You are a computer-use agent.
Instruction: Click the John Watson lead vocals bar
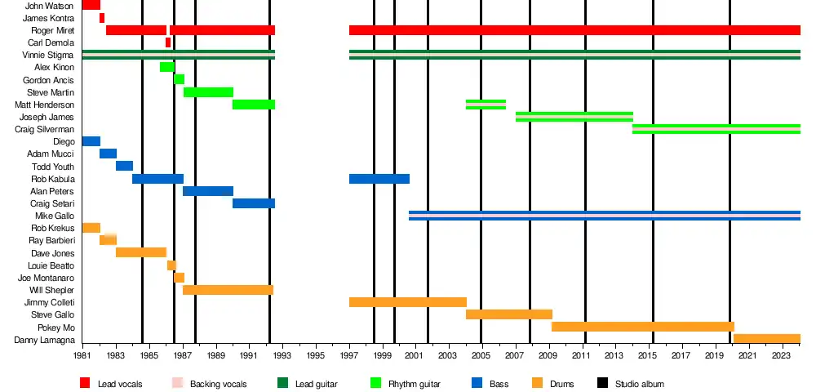click(x=91, y=5)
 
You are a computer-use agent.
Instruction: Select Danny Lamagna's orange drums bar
click(x=766, y=339)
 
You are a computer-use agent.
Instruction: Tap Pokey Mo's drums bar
click(x=642, y=327)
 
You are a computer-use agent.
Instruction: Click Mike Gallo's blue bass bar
click(x=604, y=216)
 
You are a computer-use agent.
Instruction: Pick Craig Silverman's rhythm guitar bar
click(x=716, y=129)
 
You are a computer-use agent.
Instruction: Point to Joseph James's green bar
click(x=574, y=117)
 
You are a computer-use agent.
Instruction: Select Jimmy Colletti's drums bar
click(x=407, y=302)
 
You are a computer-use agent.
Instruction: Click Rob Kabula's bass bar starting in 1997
click(x=379, y=179)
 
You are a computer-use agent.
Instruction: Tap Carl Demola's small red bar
click(x=168, y=42)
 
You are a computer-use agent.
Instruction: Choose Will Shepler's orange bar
click(x=228, y=290)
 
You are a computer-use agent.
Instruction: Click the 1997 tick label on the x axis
click(x=349, y=357)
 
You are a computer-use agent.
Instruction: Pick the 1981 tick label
click(x=82, y=357)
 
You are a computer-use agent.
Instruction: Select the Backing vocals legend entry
click(x=218, y=383)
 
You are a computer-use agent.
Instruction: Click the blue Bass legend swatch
click(x=477, y=383)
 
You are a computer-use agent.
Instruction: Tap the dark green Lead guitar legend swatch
click(x=282, y=383)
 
